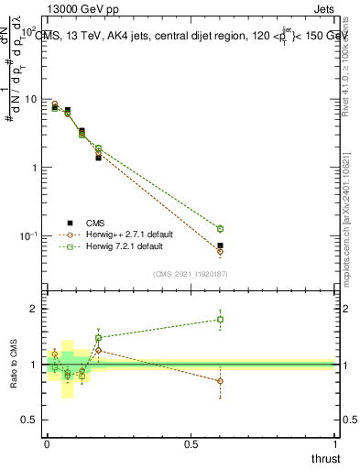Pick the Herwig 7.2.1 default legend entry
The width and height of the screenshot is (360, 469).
[x=124, y=246]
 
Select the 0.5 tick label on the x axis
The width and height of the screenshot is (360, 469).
[x=191, y=443]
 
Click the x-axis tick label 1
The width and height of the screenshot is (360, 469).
[x=334, y=443]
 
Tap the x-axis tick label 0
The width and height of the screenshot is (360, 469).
[x=46, y=443]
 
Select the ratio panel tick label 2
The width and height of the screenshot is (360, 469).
[x=37, y=310]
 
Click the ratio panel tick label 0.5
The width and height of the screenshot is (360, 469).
[x=32, y=420]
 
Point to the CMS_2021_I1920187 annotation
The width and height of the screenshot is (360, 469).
[x=190, y=273]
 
